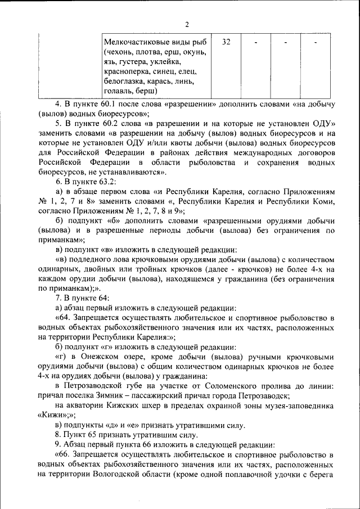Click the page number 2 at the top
pos(187,24)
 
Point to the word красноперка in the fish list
pos(124,71)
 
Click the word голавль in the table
pos(118,91)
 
